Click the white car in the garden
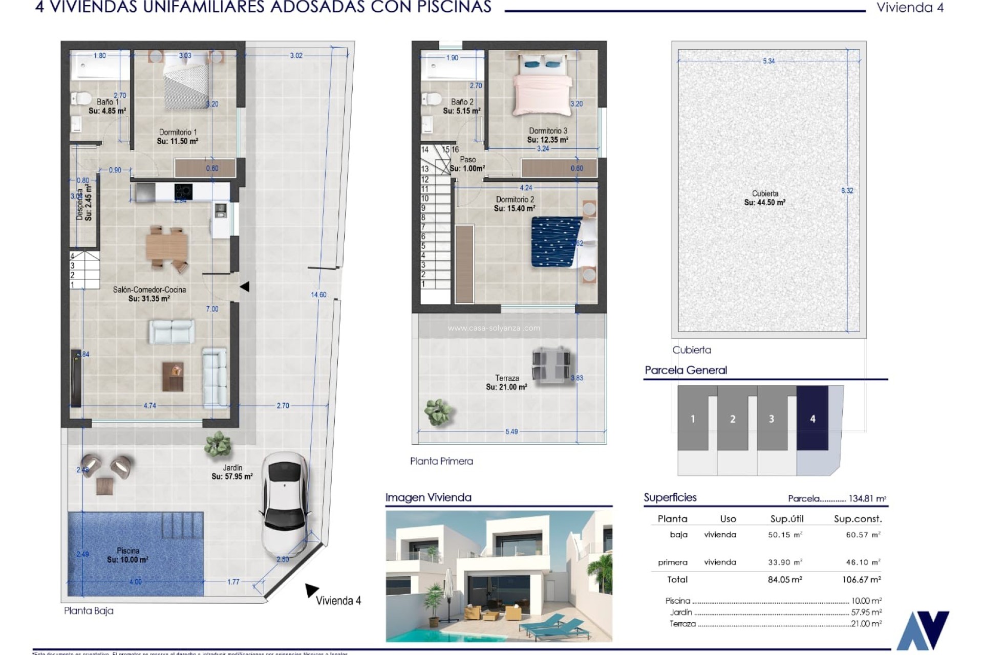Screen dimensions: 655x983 pos(284,507)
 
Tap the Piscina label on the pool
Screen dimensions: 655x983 pos(128,555)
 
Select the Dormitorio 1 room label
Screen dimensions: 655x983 pos(178,137)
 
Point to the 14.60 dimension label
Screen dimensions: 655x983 pos(318,295)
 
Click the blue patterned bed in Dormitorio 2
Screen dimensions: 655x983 pos(556,242)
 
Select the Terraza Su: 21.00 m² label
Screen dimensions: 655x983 pos(506,383)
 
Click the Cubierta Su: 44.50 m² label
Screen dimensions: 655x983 pos(765,198)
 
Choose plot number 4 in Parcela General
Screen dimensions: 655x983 pos(813,419)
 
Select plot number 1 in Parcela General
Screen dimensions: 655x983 pos(693,419)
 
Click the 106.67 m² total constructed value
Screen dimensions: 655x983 pos(861,580)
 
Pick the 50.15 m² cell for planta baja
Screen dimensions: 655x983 pos(785,535)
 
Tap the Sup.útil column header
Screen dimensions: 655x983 pos(786,519)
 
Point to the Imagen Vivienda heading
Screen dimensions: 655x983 pos(428,497)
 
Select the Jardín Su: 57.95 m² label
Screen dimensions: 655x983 pos(232,472)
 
